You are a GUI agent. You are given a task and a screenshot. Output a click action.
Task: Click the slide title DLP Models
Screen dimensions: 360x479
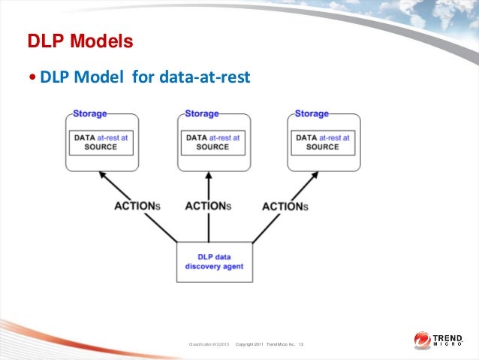pyautogui.click(x=80, y=41)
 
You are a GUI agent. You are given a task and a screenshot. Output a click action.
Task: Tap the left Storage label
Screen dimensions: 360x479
pyautogui.click(x=89, y=113)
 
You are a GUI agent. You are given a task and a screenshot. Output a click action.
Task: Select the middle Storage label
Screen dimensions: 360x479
pyautogui.click(x=201, y=113)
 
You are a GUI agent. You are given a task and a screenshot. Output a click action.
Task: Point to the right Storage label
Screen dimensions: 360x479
pyautogui.click(x=312, y=113)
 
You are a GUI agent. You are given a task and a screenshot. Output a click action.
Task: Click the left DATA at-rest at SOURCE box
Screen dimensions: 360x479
pyautogui.click(x=101, y=142)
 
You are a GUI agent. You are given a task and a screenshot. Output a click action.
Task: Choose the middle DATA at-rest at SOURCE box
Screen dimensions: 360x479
pyautogui.click(x=212, y=142)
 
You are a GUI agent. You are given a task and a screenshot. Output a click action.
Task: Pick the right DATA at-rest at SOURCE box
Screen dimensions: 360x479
pyautogui.click(x=323, y=142)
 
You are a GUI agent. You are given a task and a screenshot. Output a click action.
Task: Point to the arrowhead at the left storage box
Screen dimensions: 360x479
pyautogui.click(x=103, y=175)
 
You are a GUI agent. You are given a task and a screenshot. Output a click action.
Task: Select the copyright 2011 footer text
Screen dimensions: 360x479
pyautogui.click(x=264, y=344)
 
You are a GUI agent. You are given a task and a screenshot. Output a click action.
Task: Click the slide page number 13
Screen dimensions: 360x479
pyautogui.click(x=301, y=344)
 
